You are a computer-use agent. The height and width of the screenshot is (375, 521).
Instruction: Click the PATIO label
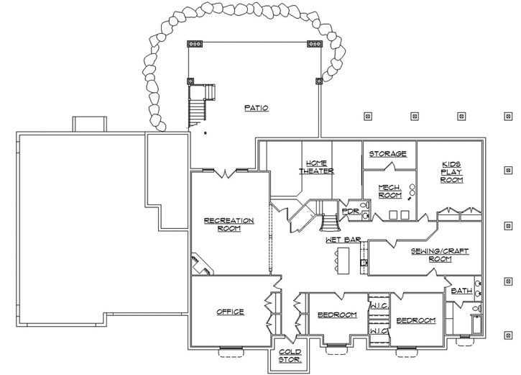(256, 108)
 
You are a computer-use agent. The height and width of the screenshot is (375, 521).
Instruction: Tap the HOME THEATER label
(317, 167)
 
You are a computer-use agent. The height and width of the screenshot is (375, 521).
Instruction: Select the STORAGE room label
(388, 153)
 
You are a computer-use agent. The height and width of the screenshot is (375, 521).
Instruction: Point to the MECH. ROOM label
(389, 191)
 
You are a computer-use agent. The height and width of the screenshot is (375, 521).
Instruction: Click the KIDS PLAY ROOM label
(452, 172)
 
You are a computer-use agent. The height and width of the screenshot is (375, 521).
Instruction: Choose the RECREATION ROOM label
(229, 225)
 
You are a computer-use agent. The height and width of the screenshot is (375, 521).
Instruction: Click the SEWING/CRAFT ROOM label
(440, 255)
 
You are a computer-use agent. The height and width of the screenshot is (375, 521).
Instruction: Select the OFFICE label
(230, 312)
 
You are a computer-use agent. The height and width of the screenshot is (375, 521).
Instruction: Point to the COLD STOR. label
(290, 355)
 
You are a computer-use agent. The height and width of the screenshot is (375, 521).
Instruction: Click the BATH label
(461, 291)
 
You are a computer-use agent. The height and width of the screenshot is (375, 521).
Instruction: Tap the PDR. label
(350, 212)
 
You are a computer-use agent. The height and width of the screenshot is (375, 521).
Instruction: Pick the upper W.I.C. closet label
(379, 305)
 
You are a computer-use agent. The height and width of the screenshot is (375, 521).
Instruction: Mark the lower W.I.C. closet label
(379, 330)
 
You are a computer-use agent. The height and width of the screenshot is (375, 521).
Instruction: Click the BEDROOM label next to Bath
(415, 320)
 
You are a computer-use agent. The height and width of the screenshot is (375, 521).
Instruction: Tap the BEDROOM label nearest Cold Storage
(337, 315)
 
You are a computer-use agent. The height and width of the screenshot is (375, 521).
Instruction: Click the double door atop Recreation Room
(227, 171)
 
